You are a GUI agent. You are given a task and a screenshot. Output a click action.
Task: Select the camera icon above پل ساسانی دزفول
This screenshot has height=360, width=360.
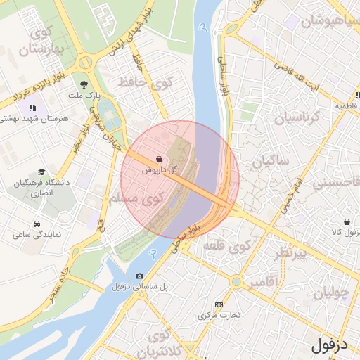[139, 276]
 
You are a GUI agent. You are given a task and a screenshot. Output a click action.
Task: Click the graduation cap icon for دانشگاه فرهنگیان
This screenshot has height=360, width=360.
[41, 172]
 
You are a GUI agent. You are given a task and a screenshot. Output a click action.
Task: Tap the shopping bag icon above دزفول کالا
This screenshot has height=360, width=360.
[347, 220]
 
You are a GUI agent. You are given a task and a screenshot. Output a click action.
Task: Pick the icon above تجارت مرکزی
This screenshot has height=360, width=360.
[219, 304]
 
